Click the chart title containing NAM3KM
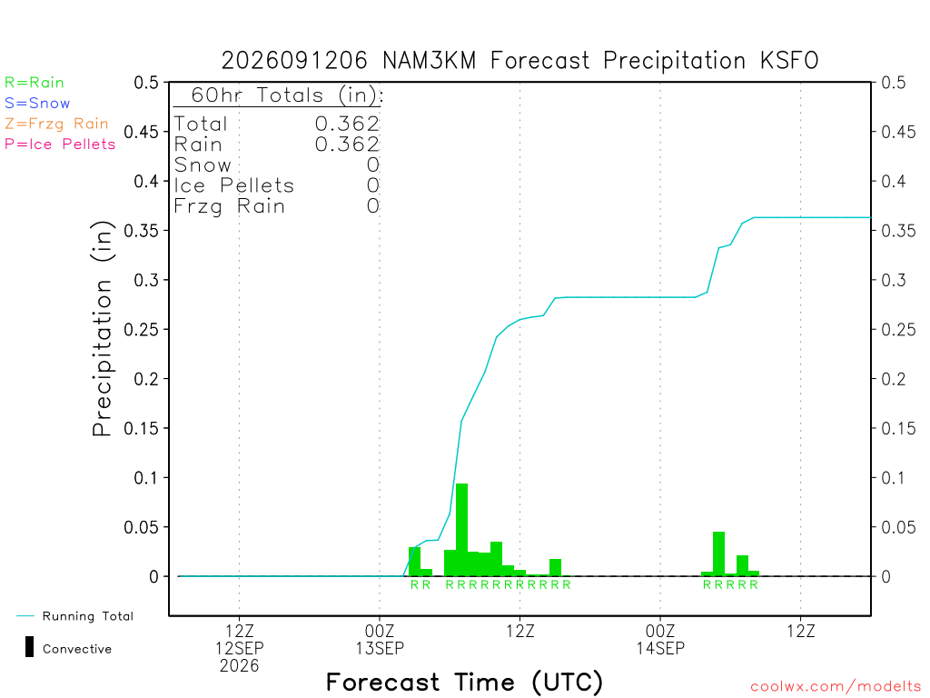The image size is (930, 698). [519, 61]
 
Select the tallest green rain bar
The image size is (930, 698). [461, 530]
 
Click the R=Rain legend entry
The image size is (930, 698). [35, 83]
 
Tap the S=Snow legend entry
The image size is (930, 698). [37, 104]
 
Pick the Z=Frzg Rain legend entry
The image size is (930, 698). [56, 124]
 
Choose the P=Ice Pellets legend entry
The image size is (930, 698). [60, 145]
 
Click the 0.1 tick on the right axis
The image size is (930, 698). [893, 478]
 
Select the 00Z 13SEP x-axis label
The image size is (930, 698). [380, 639]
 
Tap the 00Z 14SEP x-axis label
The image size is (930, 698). [660, 639]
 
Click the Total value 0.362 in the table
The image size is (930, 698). [347, 124]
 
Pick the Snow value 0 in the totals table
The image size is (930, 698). [373, 165]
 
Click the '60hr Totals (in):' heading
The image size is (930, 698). [287, 95]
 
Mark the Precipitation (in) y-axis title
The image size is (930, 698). [102, 329]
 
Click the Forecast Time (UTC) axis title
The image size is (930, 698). [464, 682]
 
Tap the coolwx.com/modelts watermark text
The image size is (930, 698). [836, 687]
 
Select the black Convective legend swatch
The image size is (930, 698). [29, 647]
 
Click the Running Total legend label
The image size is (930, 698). [88, 616]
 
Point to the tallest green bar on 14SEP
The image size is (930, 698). [718, 553]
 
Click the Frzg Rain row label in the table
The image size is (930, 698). [230, 206]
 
